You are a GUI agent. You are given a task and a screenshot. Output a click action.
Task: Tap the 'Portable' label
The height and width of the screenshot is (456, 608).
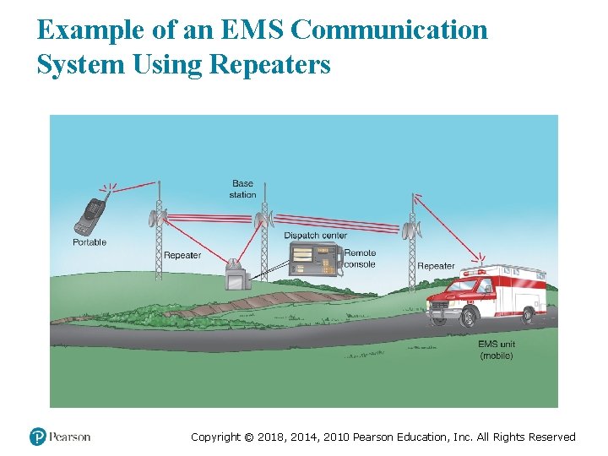(90, 243)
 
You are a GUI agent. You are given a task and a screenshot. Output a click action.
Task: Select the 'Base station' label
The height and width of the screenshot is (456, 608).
(242, 189)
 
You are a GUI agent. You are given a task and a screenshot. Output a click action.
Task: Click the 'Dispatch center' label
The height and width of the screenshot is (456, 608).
(315, 236)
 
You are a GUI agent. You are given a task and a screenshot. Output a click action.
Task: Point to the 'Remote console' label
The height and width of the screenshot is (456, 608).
(360, 258)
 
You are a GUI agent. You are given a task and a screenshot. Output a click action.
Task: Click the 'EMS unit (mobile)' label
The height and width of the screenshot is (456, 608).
(497, 350)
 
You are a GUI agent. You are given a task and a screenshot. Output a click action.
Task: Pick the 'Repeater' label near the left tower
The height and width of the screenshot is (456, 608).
(182, 255)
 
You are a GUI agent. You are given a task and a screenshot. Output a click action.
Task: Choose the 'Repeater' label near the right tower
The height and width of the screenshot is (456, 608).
(436, 266)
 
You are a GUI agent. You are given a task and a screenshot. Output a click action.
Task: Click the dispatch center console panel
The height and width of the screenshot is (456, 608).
(313, 258)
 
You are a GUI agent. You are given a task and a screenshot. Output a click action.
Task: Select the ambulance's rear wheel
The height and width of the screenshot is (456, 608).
(529, 315)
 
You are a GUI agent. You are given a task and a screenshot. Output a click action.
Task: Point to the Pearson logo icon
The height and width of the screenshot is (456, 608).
(38, 437)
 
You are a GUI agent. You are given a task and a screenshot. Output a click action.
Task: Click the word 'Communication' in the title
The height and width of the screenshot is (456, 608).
(388, 30)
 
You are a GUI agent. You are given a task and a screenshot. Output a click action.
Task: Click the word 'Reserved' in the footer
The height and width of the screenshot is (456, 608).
(551, 437)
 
